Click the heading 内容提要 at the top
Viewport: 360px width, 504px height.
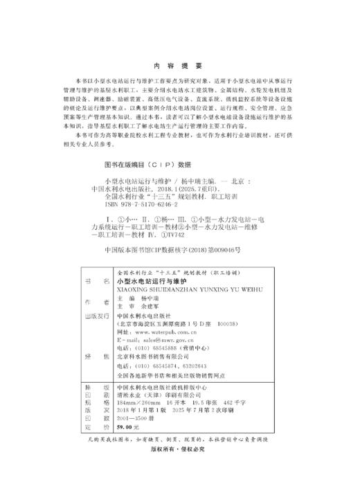(179, 66)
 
